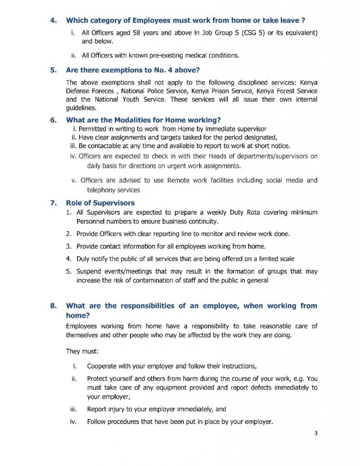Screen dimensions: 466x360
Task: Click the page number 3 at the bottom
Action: click(x=315, y=433)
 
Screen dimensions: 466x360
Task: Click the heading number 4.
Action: click(x=53, y=20)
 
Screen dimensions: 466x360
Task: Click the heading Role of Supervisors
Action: click(x=100, y=203)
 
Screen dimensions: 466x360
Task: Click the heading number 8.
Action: click(x=53, y=305)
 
